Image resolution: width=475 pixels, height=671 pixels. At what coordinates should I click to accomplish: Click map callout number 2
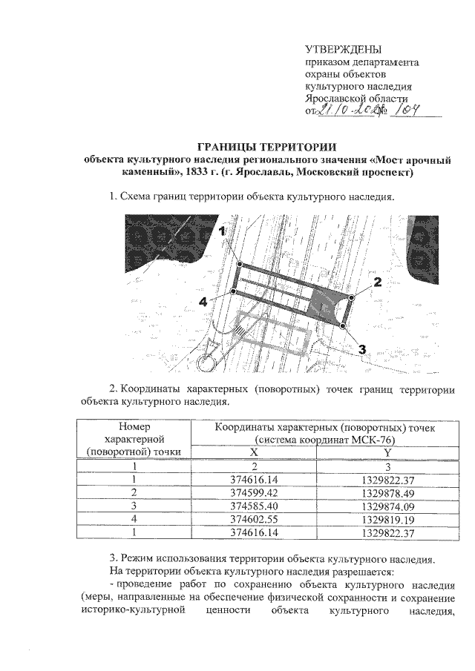pos(377,282)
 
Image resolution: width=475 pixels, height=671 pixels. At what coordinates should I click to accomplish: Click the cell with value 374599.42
pos(255,492)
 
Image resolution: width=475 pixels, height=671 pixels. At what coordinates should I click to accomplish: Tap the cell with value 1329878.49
pos(387,492)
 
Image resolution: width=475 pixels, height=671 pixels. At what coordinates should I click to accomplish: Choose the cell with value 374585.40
pos(255,505)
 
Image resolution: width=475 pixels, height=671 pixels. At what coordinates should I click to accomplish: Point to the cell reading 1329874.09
pos(387,505)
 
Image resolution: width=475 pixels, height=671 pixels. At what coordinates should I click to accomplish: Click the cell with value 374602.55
pos(255,518)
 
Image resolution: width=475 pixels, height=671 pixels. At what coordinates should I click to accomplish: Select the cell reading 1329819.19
pos(387,518)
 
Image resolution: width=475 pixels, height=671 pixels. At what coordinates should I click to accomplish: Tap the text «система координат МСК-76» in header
pos(321,440)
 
